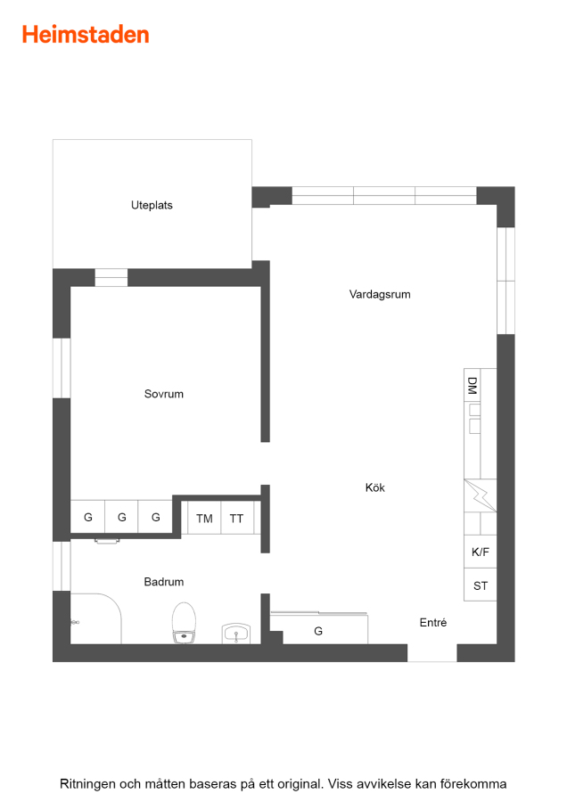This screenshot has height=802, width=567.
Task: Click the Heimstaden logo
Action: [x=86, y=35]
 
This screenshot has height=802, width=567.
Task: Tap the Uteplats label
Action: [x=152, y=205]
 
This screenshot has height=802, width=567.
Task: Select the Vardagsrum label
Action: [x=380, y=294]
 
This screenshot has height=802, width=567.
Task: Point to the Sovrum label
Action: [x=164, y=394]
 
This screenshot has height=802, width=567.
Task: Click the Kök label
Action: [x=375, y=487]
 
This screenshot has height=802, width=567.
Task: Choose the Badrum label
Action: [x=164, y=582]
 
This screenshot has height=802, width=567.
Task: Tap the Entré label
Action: [x=433, y=623]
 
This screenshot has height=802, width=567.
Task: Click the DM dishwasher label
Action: [x=472, y=386]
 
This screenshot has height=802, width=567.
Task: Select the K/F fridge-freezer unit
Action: [x=480, y=552]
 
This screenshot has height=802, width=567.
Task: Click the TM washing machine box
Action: [x=204, y=518]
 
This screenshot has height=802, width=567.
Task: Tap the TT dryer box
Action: [x=237, y=518]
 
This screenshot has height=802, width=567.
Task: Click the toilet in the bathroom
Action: [x=184, y=623]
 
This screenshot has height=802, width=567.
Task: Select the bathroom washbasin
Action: [x=236, y=634]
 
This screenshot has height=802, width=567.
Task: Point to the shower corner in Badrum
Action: [x=95, y=618]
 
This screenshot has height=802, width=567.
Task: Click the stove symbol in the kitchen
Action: [x=480, y=495]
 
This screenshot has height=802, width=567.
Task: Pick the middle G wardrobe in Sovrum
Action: [x=121, y=517]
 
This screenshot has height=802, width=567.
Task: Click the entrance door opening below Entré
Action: [x=431, y=652]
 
